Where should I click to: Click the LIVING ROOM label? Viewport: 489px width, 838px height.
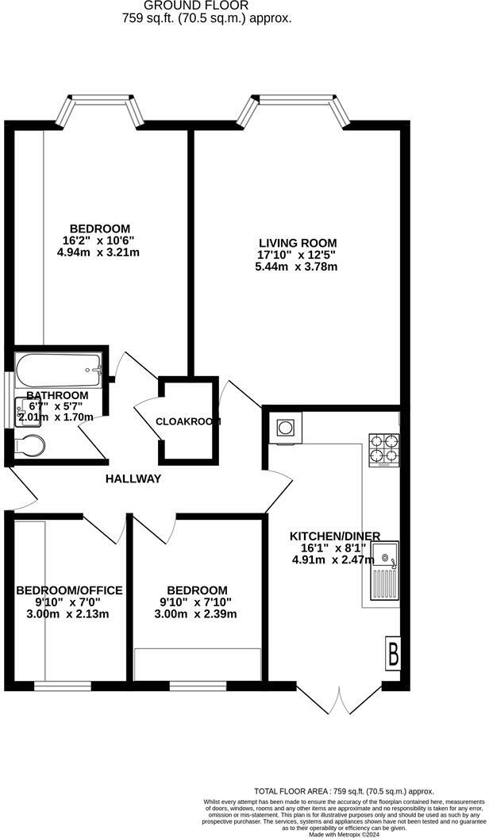click(x=298, y=243)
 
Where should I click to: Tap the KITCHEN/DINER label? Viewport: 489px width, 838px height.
click(x=335, y=535)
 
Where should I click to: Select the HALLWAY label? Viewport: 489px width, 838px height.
click(x=134, y=479)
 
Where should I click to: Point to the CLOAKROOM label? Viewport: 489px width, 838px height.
click(x=188, y=421)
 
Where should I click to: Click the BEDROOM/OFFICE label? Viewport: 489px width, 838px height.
click(x=69, y=590)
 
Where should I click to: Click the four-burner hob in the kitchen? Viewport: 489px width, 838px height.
click(x=383, y=448)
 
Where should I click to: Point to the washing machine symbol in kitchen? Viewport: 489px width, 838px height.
click(x=285, y=428)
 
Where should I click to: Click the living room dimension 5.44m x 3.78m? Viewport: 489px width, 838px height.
click(x=298, y=267)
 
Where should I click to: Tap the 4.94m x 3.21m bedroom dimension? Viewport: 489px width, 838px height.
click(x=99, y=252)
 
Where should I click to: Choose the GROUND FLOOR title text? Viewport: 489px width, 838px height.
click(x=206, y=5)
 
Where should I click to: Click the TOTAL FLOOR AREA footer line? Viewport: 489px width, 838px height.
click(x=344, y=791)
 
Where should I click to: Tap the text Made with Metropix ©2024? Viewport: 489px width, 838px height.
click(x=344, y=834)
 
